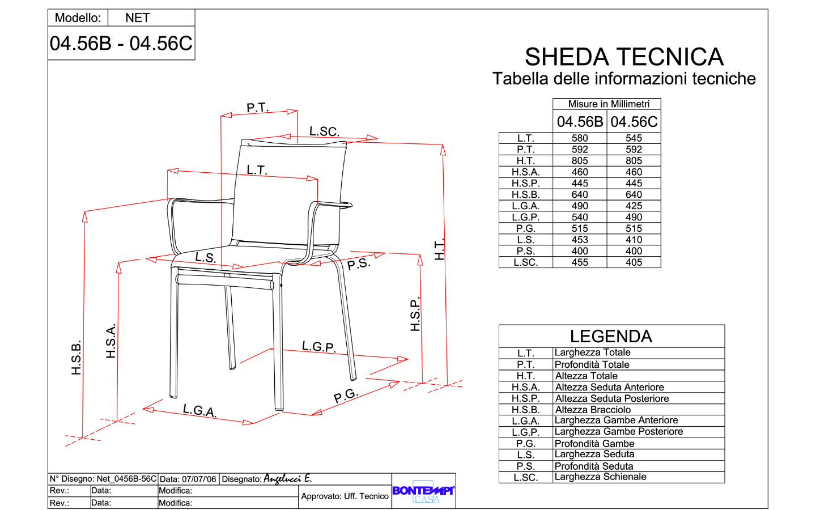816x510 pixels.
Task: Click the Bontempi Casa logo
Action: pos(423,492)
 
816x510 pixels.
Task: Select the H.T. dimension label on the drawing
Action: pos(439,249)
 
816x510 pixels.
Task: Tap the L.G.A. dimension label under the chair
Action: pos(199,410)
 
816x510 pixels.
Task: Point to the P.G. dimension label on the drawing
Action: pos(346,396)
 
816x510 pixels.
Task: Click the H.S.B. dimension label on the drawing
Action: pos(76,358)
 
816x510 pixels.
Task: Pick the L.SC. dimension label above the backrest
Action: pos(324,131)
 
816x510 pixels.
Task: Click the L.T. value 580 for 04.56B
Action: pos(580,138)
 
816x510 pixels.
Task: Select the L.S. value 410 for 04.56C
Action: pos(634,240)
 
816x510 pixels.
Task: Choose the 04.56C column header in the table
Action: pos(634,122)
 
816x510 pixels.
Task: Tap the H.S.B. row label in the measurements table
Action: pos(526,195)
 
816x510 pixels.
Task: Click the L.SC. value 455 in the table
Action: pos(580,263)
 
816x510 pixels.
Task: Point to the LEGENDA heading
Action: pos(611,336)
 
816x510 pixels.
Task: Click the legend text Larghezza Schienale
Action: pos(600,477)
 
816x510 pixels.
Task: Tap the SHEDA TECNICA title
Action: pos(624,57)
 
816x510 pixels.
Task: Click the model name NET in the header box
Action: pos(137,18)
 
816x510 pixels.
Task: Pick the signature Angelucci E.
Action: pos(287,479)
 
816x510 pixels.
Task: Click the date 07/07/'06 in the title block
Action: pos(199,479)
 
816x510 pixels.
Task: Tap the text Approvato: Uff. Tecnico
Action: pos(345,496)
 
